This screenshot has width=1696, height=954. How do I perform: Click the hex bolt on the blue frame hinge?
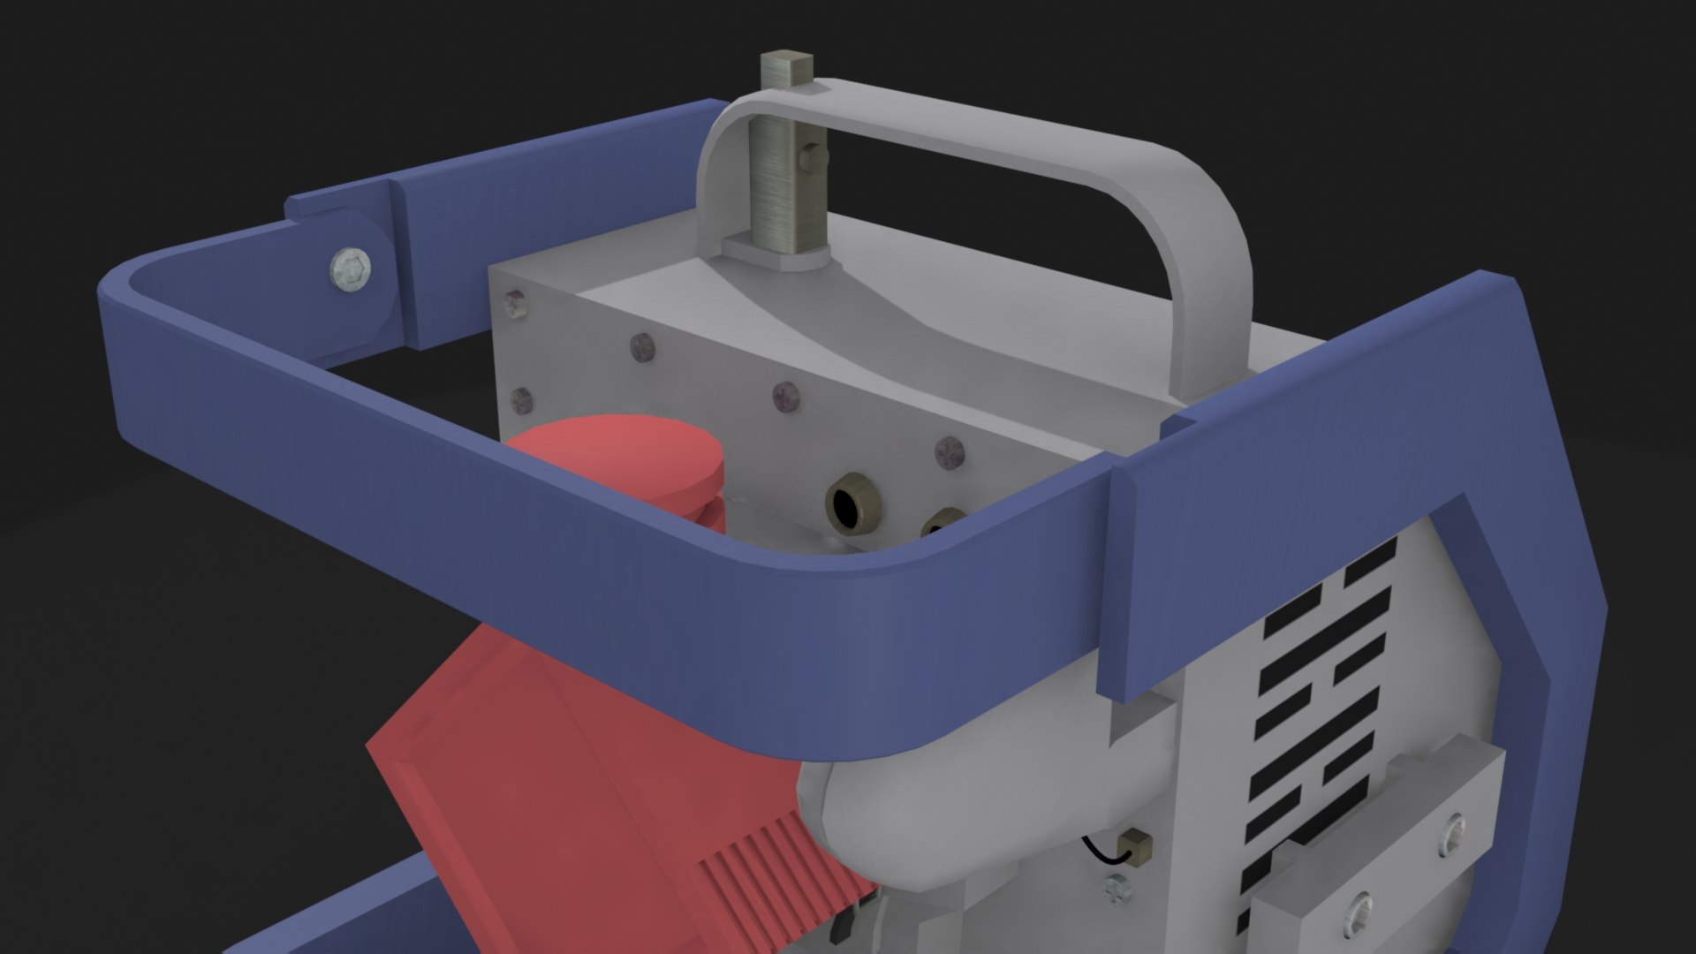[351, 264]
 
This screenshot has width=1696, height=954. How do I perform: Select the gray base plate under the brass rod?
[774, 252]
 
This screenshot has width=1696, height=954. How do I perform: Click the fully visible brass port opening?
[849, 507]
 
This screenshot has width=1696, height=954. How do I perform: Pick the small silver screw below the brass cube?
[1118, 891]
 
